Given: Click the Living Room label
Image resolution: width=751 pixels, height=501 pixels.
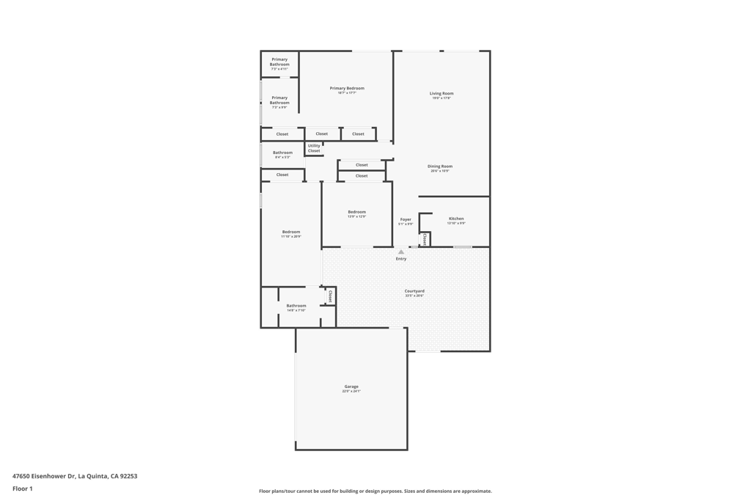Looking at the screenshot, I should [442, 93].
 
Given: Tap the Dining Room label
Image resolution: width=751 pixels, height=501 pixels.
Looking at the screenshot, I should [440, 166].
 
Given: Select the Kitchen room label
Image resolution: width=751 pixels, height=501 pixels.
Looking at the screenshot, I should [456, 219].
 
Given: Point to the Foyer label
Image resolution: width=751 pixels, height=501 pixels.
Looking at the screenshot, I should [406, 219].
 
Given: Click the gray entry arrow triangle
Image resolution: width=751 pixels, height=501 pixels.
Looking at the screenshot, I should [401, 252].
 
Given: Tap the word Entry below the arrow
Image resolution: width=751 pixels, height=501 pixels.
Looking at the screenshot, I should [401, 259].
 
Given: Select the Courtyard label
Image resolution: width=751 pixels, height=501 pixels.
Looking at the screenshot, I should [414, 291].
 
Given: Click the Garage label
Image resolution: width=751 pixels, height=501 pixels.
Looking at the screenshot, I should [351, 387].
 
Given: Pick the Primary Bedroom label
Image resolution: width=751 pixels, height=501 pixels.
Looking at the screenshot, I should [347, 88].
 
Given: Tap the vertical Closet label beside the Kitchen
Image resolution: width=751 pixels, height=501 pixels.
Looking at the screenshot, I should [425, 239].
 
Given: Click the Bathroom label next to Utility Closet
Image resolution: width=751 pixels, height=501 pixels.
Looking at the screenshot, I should [283, 153].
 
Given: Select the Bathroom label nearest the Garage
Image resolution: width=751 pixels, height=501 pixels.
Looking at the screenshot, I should [296, 306].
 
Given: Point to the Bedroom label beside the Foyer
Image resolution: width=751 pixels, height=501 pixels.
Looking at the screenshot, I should [356, 212].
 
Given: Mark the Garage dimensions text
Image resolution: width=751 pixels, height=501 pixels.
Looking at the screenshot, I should [351, 392].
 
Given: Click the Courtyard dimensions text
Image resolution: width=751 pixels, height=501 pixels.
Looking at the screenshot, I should [414, 296].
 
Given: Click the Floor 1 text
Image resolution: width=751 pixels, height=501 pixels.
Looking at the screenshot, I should [23, 489].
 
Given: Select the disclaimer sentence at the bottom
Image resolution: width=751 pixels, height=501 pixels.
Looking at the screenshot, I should [375, 491].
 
